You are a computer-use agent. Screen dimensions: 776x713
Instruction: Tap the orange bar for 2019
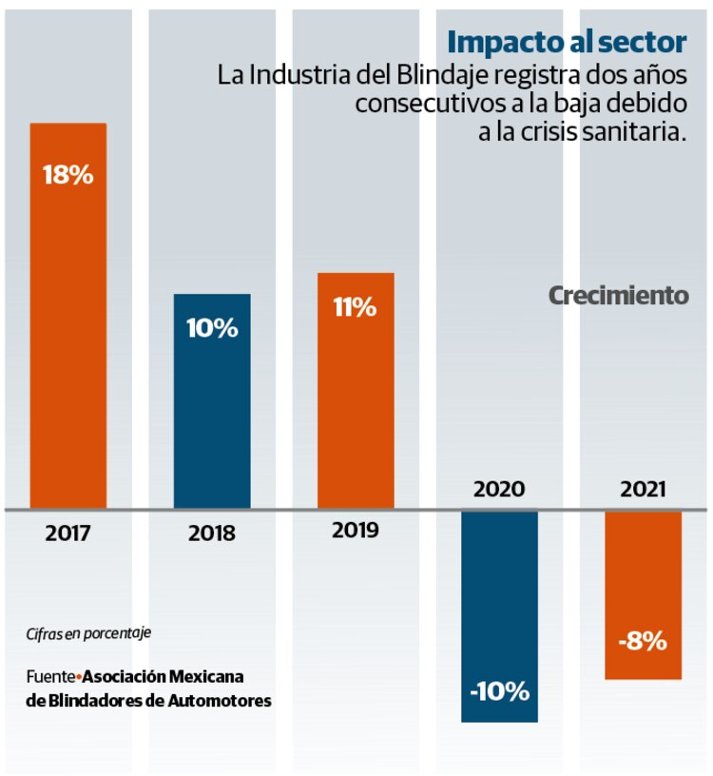coord(356,390)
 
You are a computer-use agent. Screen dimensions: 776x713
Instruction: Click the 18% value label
coord(67,175)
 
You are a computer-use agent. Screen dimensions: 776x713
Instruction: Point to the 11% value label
coord(356,308)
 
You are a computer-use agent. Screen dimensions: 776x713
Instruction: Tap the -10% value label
coord(499,691)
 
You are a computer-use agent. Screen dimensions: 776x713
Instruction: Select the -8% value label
coord(643,641)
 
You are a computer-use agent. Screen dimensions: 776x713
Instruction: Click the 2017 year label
coord(67,533)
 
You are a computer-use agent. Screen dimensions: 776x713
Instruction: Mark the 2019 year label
coord(356,531)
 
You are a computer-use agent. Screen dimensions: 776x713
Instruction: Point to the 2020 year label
coord(499,490)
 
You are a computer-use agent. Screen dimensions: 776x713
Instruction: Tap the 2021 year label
coord(643,490)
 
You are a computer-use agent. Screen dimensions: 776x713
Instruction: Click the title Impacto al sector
coord(567,43)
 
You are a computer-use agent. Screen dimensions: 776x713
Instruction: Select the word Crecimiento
coord(619,296)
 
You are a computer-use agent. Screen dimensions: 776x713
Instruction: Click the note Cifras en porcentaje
coord(88,632)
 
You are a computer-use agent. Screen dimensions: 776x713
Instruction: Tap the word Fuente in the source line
coord(50,677)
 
